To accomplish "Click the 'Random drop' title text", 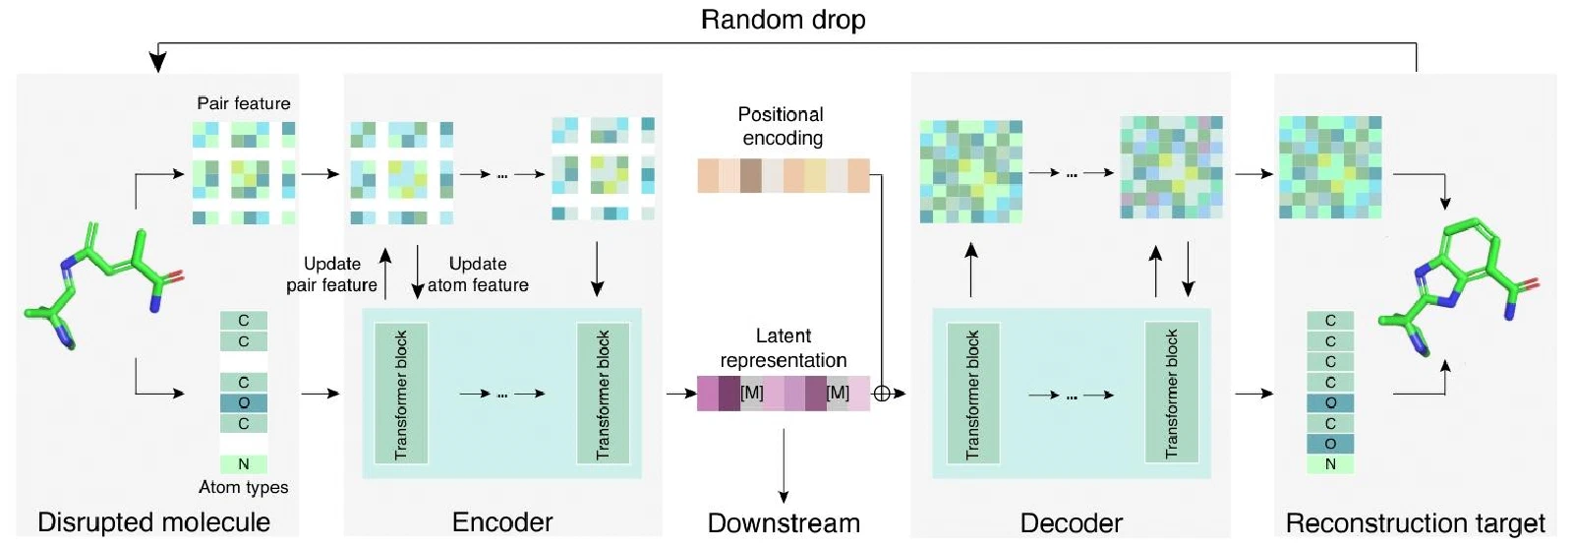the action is (783, 20).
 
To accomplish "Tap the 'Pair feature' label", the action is (244, 103).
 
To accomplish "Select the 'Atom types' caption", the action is (243, 487).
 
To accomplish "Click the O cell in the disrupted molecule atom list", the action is (244, 402).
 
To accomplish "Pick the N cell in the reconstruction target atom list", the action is (1330, 464).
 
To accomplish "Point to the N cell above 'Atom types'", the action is (244, 464).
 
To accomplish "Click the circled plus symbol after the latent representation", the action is (882, 394).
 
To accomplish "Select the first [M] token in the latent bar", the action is (751, 393).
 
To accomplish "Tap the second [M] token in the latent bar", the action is (838, 393).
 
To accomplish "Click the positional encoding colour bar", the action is (784, 176).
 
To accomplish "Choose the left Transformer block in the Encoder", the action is (401, 394).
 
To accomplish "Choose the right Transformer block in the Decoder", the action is (1171, 393).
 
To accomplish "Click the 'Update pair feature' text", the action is (331, 274).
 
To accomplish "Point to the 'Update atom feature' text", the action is (478, 274).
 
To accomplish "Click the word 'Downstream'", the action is (784, 523).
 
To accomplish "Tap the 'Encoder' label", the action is (502, 522).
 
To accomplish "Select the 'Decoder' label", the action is (1071, 523).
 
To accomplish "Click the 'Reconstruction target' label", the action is (1415, 523).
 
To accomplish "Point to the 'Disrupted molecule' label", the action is (153, 522).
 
